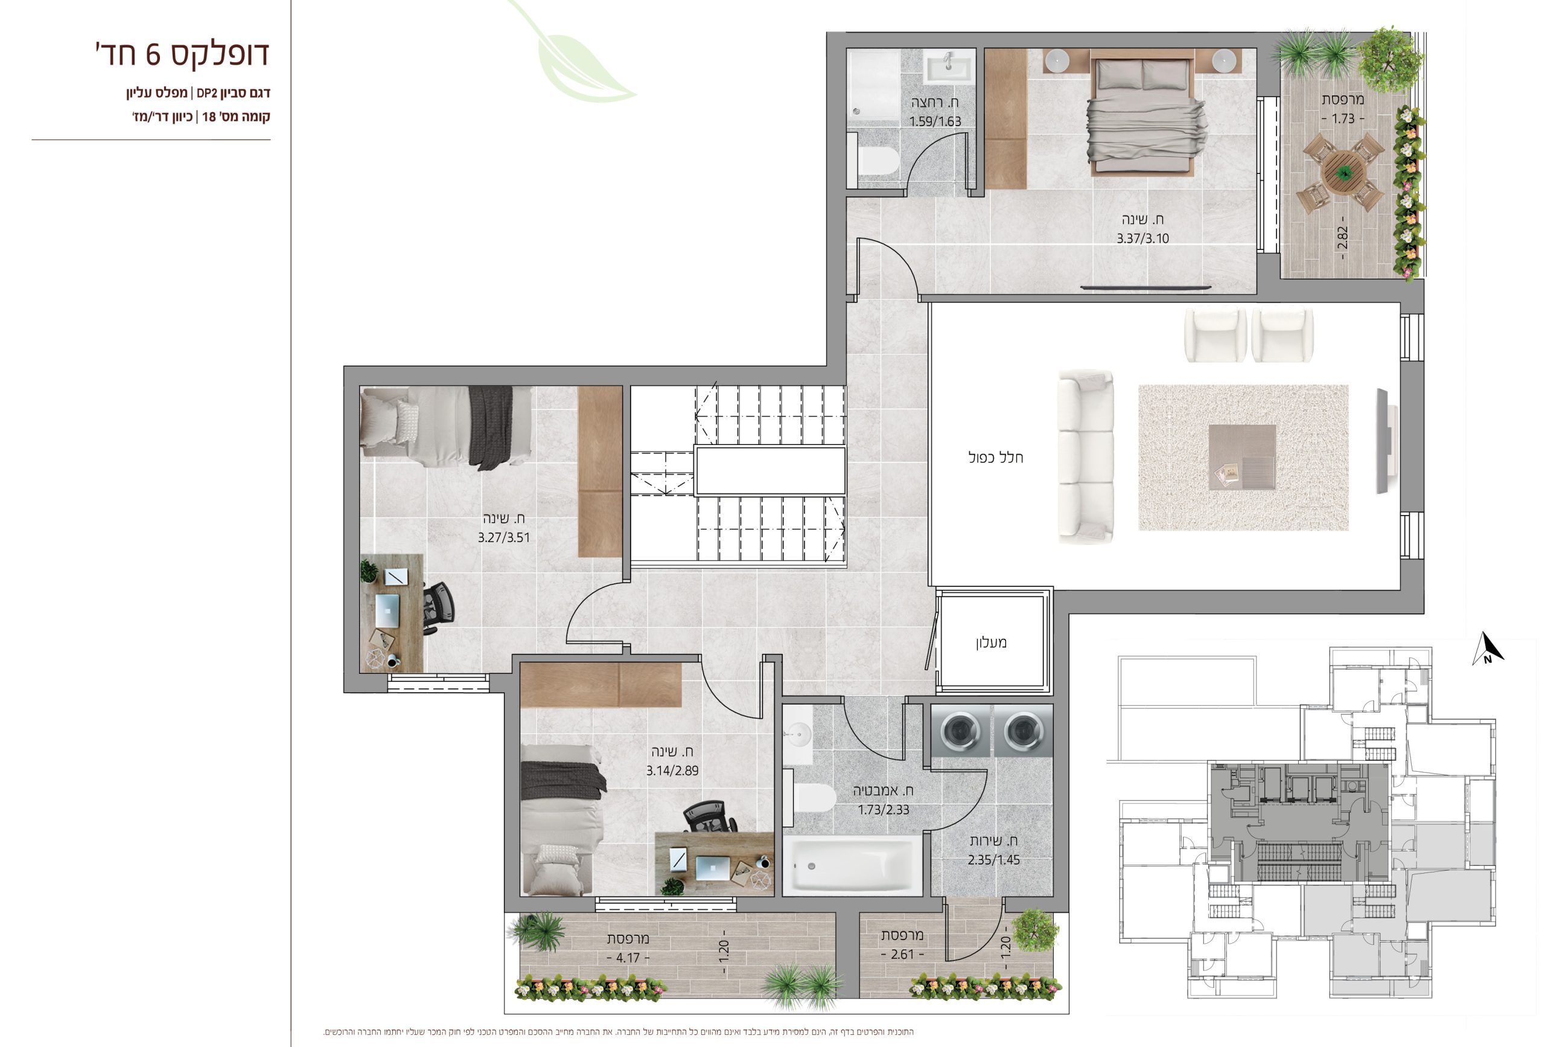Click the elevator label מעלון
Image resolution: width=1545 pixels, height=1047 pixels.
pos(991,642)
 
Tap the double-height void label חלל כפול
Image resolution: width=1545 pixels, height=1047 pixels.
pos(995,457)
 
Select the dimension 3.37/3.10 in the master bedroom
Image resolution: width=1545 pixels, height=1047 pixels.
pos(1142,238)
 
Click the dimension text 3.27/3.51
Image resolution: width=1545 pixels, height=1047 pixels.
pos(504,537)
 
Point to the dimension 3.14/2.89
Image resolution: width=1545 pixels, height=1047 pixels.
pos(672,770)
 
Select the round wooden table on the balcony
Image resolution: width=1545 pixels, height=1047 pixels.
pos(1344,170)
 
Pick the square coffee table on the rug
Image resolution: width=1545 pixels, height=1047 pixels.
pos(1242,457)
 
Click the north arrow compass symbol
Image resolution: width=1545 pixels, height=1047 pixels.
pos(1488,648)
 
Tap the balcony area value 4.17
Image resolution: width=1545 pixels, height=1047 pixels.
pos(628,958)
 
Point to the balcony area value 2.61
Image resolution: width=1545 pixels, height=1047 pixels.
pos(902,954)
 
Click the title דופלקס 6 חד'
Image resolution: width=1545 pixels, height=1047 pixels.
pos(182,54)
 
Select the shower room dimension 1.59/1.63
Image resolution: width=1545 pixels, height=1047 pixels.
pos(935,121)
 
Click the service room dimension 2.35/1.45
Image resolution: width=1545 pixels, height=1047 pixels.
pos(993,859)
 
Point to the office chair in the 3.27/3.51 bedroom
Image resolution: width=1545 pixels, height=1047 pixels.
pos(437,607)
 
